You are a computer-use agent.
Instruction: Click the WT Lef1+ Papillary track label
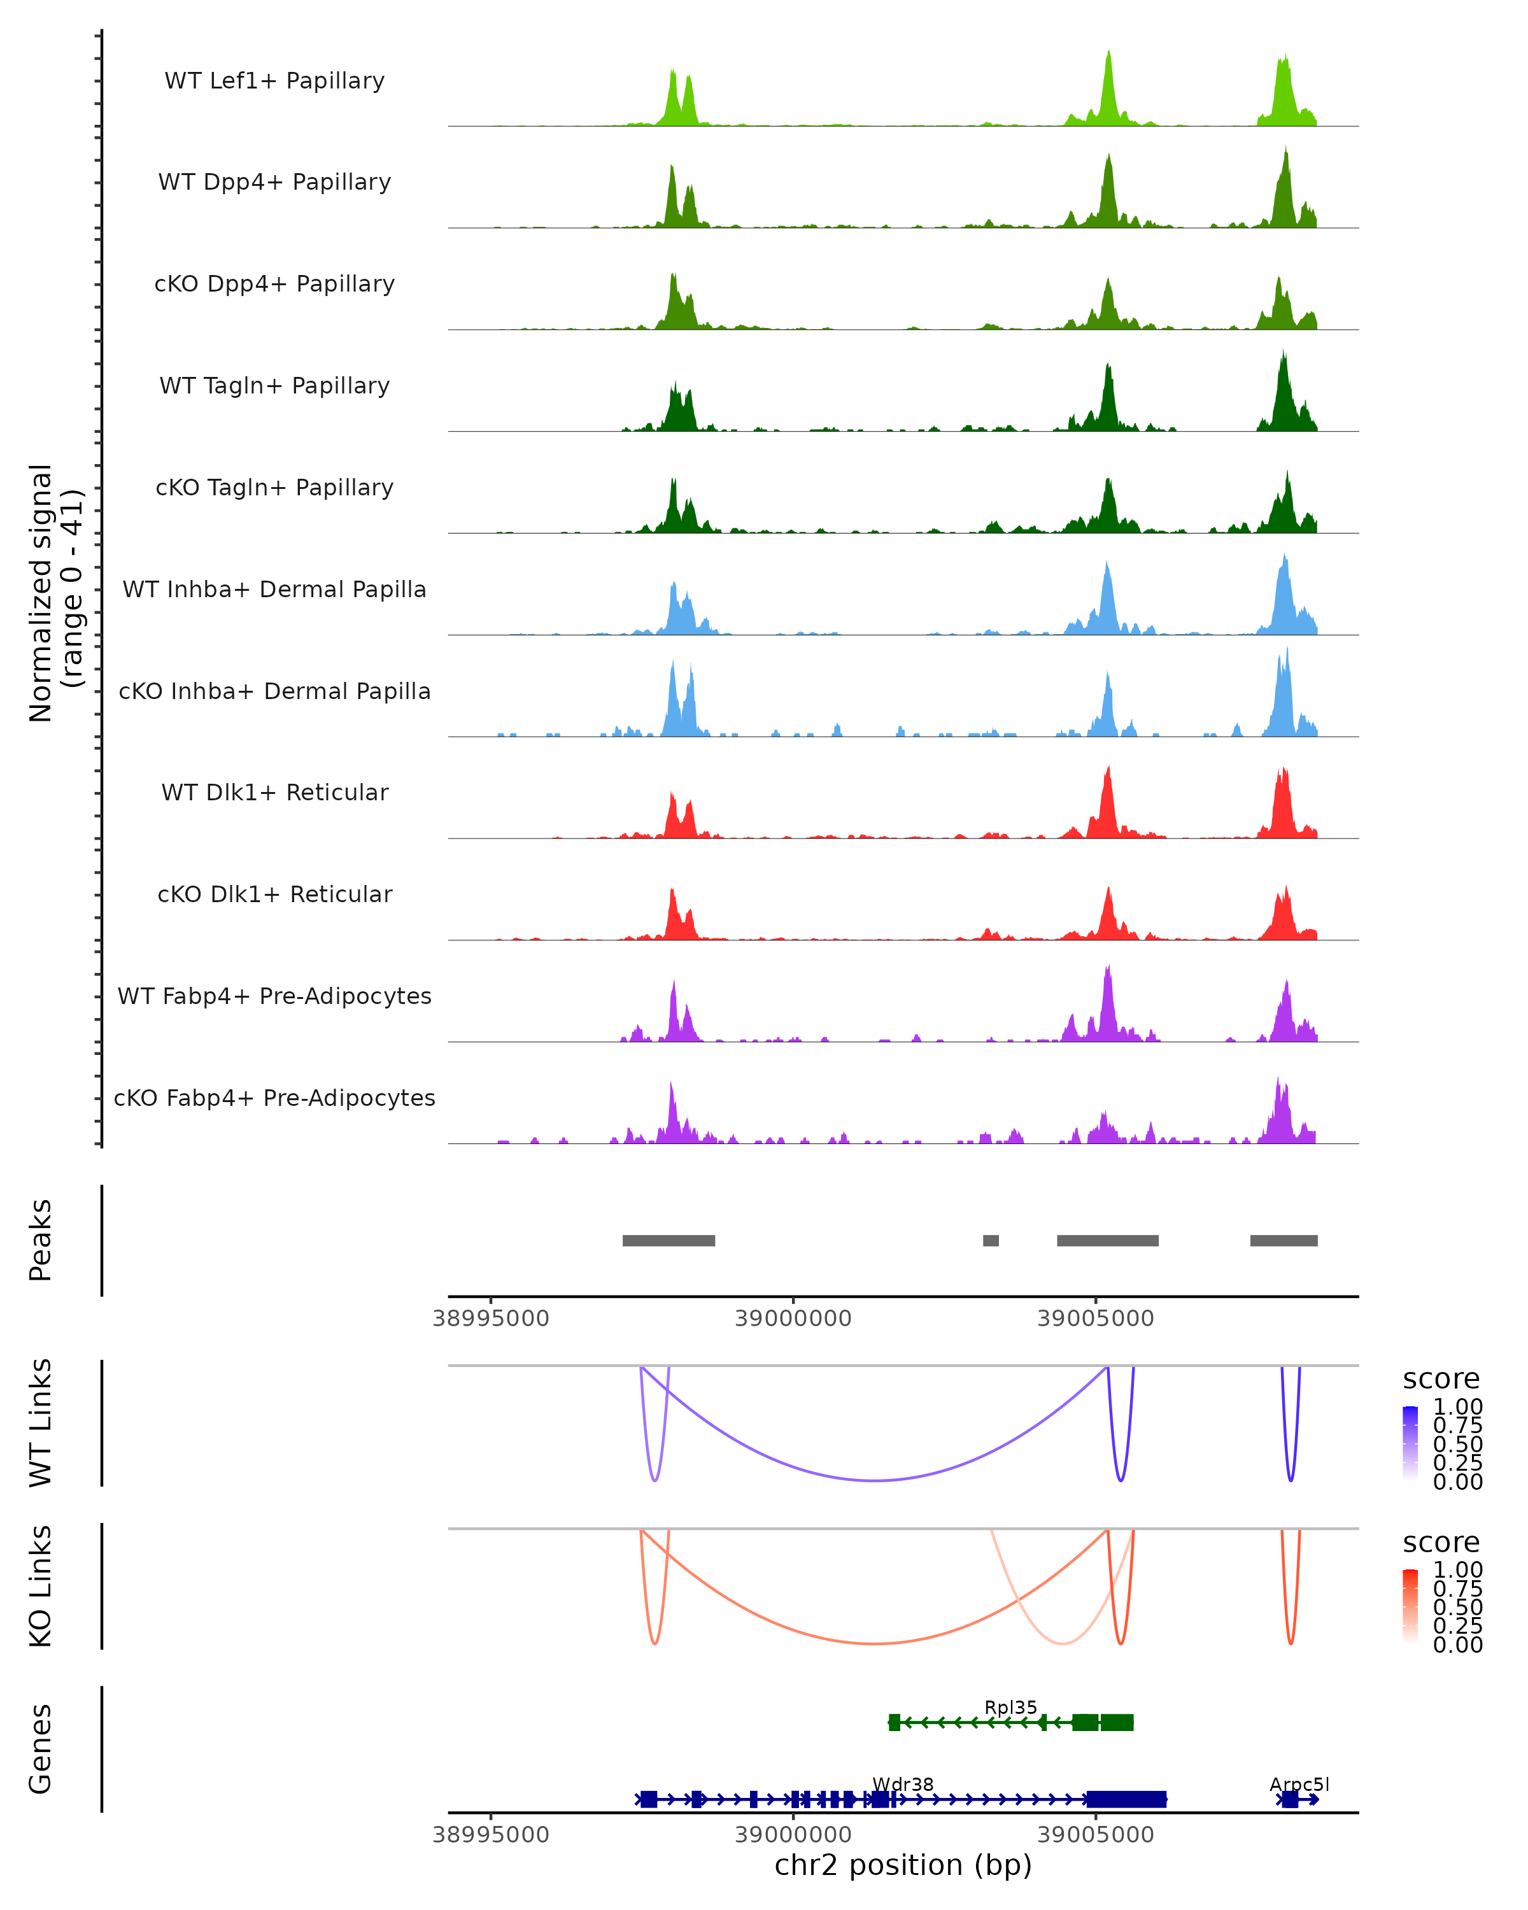(x=274, y=81)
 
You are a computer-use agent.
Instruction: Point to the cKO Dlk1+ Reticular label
(x=274, y=894)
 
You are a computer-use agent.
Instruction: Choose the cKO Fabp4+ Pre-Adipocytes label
(x=274, y=1098)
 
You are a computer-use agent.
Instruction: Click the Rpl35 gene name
(x=1010, y=1707)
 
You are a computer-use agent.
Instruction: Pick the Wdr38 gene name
(x=903, y=1784)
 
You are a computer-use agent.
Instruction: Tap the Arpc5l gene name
(x=1299, y=1784)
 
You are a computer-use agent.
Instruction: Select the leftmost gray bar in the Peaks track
(x=668, y=1240)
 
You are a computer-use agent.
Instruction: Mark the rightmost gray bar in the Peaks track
(x=1284, y=1240)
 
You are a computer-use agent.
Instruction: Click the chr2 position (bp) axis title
(x=903, y=1865)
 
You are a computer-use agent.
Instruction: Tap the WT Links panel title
(x=41, y=1423)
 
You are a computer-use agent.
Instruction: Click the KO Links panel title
(x=41, y=1586)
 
